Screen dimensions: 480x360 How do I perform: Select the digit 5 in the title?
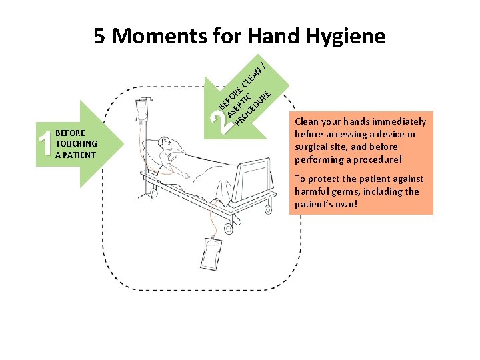tap(100, 36)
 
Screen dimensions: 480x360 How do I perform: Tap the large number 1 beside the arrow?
tap(45, 144)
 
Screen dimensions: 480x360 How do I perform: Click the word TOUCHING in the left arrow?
tap(77, 143)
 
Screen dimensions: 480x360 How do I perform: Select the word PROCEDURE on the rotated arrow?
tap(253, 109)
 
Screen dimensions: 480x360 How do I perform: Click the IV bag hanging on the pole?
tap(142, 110)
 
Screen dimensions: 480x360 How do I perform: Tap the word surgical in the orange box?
tap(313, 147)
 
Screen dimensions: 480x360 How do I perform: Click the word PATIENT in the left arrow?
tap(79, 155)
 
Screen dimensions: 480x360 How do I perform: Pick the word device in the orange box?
tap(392, 134)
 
